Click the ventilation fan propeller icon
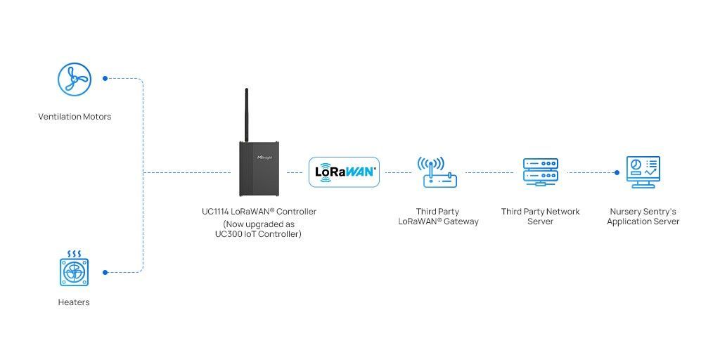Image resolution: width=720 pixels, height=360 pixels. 75,79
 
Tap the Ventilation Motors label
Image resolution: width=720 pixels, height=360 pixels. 75,117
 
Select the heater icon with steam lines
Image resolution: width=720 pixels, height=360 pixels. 74,268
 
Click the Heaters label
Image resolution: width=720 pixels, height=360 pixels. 74,302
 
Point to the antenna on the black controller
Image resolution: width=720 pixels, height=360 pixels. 247,115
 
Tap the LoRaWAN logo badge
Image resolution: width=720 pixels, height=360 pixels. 345,172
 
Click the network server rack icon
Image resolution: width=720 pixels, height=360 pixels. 541,172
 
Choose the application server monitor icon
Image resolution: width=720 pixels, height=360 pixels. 643,172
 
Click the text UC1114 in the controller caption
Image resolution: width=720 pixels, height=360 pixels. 215,212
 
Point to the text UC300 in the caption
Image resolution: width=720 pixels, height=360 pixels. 229,234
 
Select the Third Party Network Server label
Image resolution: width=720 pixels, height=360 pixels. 541,217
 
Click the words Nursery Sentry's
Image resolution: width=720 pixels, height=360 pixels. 643,212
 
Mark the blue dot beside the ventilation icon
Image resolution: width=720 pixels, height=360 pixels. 105,79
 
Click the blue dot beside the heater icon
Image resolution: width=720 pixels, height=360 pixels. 105,272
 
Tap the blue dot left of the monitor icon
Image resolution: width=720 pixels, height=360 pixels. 617,173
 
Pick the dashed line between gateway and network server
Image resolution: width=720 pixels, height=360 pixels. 489,173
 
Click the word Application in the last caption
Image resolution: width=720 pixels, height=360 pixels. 628,221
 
